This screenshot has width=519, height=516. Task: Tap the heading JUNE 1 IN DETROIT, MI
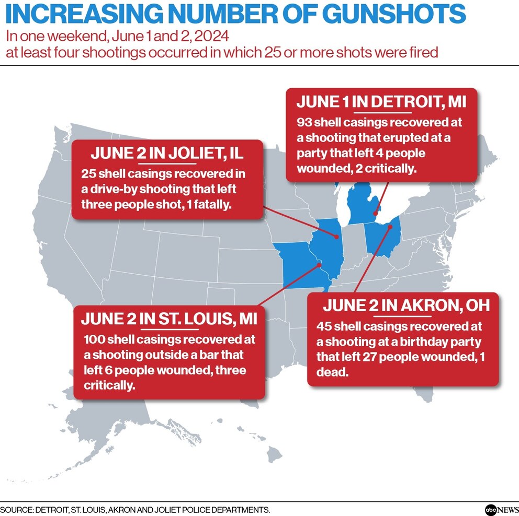pyautogui.click(x=381, y=101)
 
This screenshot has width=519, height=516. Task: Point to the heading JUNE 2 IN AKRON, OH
pyautogui.click(x=406, y=305)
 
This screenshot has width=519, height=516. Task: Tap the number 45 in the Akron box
pyautogui.click(x=324, y=326)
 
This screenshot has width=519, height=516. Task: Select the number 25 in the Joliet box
pyautogui.click(x=88, y=174)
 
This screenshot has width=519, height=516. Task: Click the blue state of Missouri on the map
pyautogui.click(x=298, y=266)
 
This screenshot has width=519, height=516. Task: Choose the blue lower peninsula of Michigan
pyautogui.click(x=364, y=206)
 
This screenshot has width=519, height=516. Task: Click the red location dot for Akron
pyautogui.click(x=391, y=227)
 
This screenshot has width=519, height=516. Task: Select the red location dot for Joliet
pyautogui.click(x=335, y=236)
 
